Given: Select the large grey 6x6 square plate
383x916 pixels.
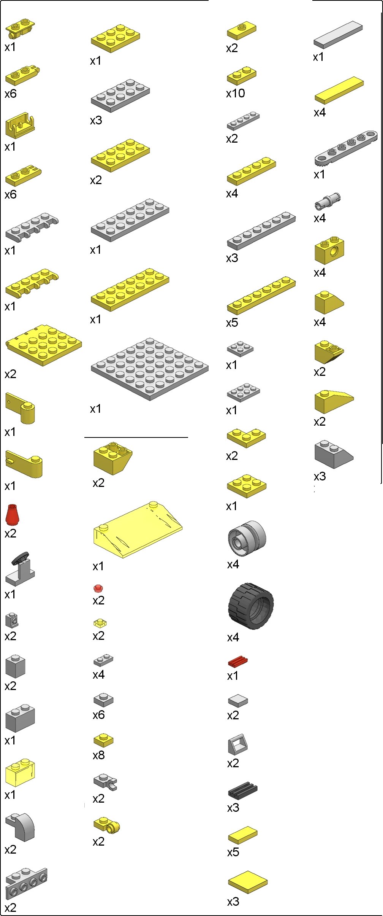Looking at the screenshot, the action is point(150,369).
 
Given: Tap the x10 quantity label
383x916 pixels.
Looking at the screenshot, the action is point(236,93).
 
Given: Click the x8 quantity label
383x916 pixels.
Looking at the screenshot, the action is point(99,755).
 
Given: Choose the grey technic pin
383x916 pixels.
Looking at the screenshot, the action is point(328,200).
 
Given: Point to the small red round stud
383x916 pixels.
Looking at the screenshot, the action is point(98,588).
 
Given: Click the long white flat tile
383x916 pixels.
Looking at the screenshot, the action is point(338,34).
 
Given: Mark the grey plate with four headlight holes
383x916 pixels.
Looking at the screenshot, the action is point(26,882).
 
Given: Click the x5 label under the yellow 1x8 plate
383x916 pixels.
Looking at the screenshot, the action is point(232,323).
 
